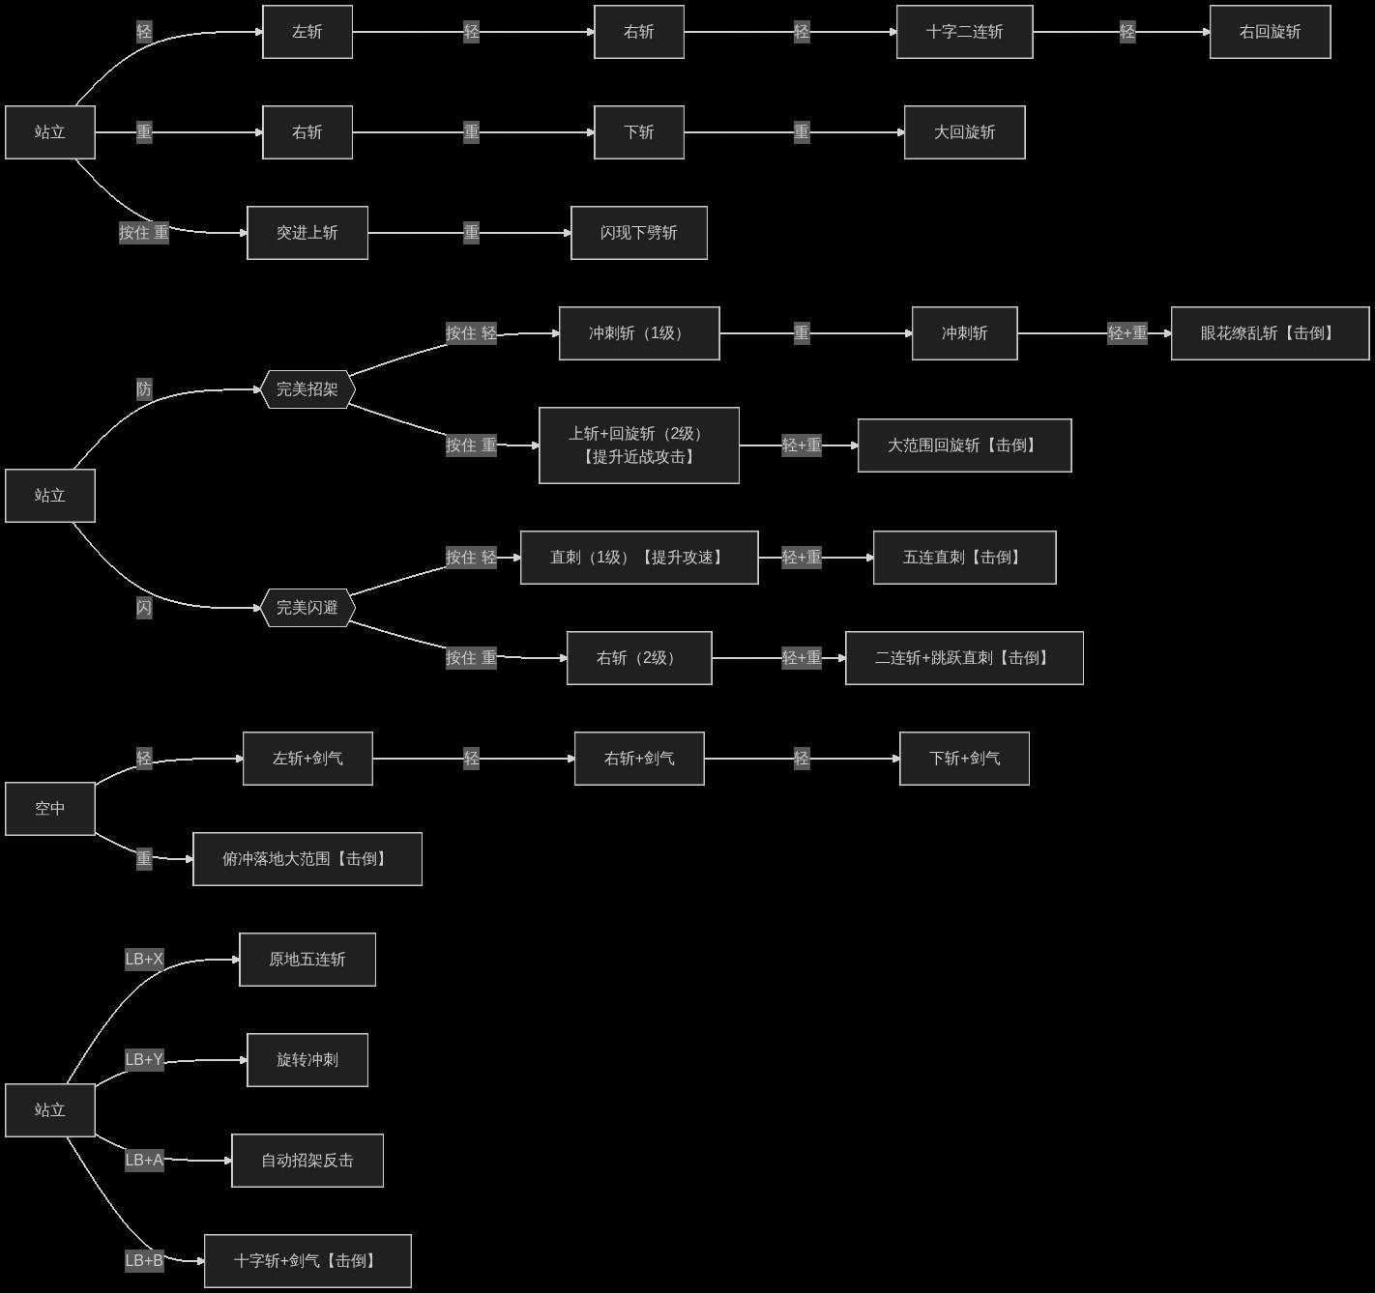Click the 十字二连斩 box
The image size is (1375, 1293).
pyautogui.click(x=964, y=32)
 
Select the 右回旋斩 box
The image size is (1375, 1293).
pyautogui.click(x=1270, y=32)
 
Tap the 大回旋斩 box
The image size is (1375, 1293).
pyautogui.click(x=964, y=132)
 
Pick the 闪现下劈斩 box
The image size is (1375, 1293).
pyautogui.click(x=639, y=233)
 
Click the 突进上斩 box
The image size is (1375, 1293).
pyautogui.click(x=307, y=233)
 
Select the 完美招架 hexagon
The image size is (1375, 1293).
pyautogui.click(x=307, y=389)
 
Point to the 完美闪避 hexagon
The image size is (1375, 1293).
pyautogui.click(x=307, y=608)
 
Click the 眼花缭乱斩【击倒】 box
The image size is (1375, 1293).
pyautogui.click(x=1270, y=333)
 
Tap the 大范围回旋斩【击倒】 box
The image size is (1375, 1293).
pyautogui.click(x=964, y=445)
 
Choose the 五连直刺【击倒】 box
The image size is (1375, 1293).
pyautogui.click(x=964, y=558)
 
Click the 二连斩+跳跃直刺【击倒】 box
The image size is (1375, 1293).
pyautogui.click(x=964, y=657)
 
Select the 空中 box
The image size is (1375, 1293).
pyautogui.click(x=50, y=809)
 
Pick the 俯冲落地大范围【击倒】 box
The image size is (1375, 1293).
pyautogui.click(x=307, y=859)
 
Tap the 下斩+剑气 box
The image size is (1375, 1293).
pyautogui.click(x=964, y=759)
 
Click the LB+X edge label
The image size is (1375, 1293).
pyautogui.click(x=144, y=959)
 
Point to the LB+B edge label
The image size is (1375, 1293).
pyautogui.click(x=144, y=1260)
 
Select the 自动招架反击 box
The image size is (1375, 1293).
pyautogui.click(x=307, y=1160)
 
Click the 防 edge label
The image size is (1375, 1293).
pyautogui.click(x=144, y=389)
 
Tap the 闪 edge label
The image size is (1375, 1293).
pyautogui.click(x=144, y=608)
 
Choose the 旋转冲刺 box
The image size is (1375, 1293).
pyautogui.click(x=307, y=1060)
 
